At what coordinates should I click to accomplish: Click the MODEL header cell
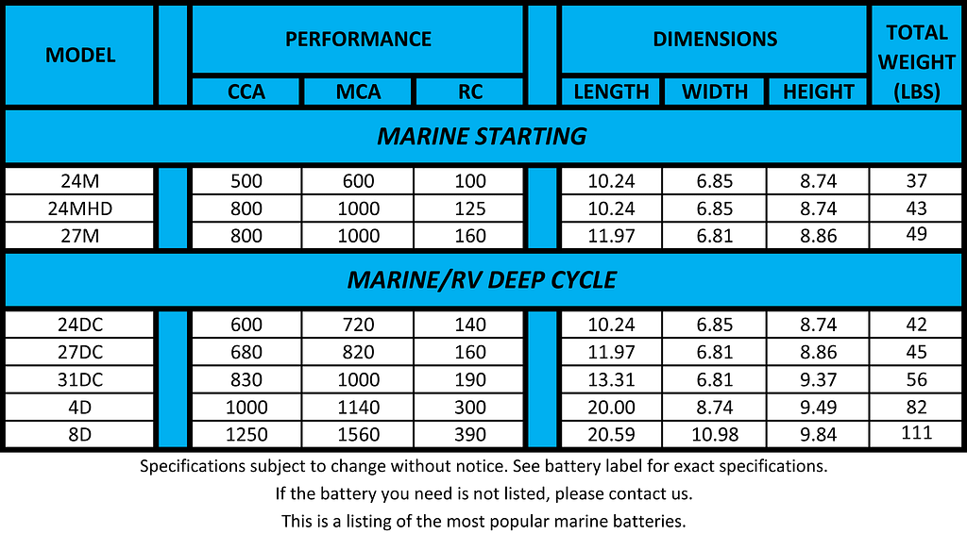tap(80, 56)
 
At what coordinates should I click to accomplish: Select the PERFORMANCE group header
tap(358, 40)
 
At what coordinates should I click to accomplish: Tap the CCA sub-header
tap(246, 92)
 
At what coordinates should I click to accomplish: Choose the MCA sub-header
tap(358, 92)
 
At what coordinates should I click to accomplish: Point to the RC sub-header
tap(469, 92)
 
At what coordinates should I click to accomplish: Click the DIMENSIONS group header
tap(715, 40)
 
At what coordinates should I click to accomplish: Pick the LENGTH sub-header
tap(611, 92)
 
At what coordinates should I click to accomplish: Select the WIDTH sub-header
tap(714, 92)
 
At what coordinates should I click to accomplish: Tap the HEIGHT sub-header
tap(818, 92)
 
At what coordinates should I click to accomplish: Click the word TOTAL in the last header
tap(916, 33)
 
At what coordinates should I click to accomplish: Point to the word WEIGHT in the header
tap(916, 62)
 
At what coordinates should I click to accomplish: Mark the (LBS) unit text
tap(916, 92)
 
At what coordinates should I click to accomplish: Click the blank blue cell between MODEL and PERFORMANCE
tap(173, 55)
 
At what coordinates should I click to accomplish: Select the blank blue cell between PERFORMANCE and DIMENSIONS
tap(542, 55)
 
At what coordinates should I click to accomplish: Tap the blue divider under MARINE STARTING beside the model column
tap(173, 208)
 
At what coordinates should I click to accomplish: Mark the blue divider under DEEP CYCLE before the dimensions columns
tap(542, 378)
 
